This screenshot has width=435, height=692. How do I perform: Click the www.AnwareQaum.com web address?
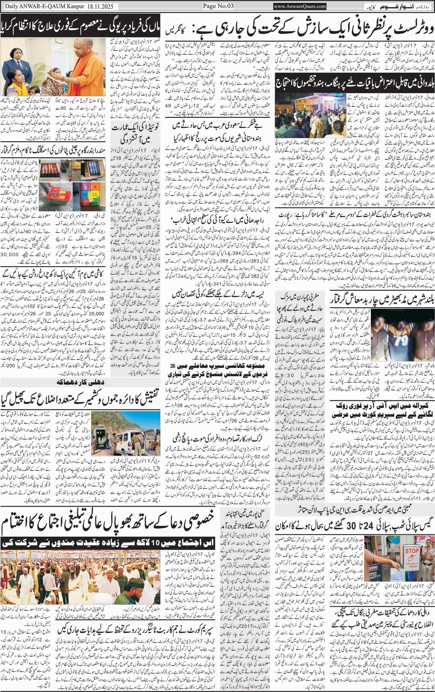pos(300,6)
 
